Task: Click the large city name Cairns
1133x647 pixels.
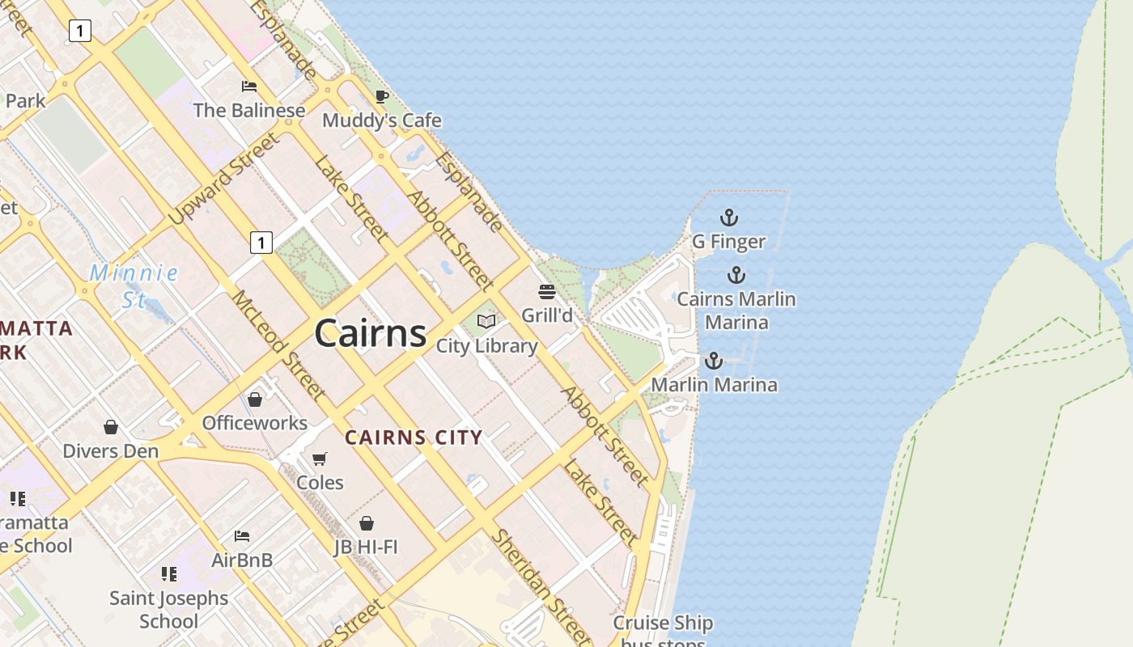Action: click(371, 332)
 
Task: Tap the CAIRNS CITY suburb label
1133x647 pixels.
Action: click(414, 438)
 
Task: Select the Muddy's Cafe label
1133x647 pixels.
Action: click(382, 121)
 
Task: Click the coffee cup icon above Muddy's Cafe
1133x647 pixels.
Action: click(382, 97)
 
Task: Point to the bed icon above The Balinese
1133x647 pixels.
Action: click(249, 87)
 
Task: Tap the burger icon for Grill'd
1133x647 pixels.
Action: click(547, 291)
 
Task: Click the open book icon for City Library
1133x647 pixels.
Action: click(486, 322)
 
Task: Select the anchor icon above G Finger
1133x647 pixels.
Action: click(729, 218)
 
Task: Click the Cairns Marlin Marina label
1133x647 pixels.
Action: click(736, 311)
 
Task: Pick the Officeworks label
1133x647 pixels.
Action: click(255, 423)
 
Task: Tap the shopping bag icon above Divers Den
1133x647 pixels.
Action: click(111, 426)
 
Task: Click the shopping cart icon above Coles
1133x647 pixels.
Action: click(320, 459)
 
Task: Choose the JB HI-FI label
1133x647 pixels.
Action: click(367, 548)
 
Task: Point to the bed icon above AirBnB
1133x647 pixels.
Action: click(242, 535)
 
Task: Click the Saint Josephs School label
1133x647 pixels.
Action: click(169, 610)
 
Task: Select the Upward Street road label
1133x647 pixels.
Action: click(223, 180)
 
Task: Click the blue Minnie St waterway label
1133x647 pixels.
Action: click(134, 285)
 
